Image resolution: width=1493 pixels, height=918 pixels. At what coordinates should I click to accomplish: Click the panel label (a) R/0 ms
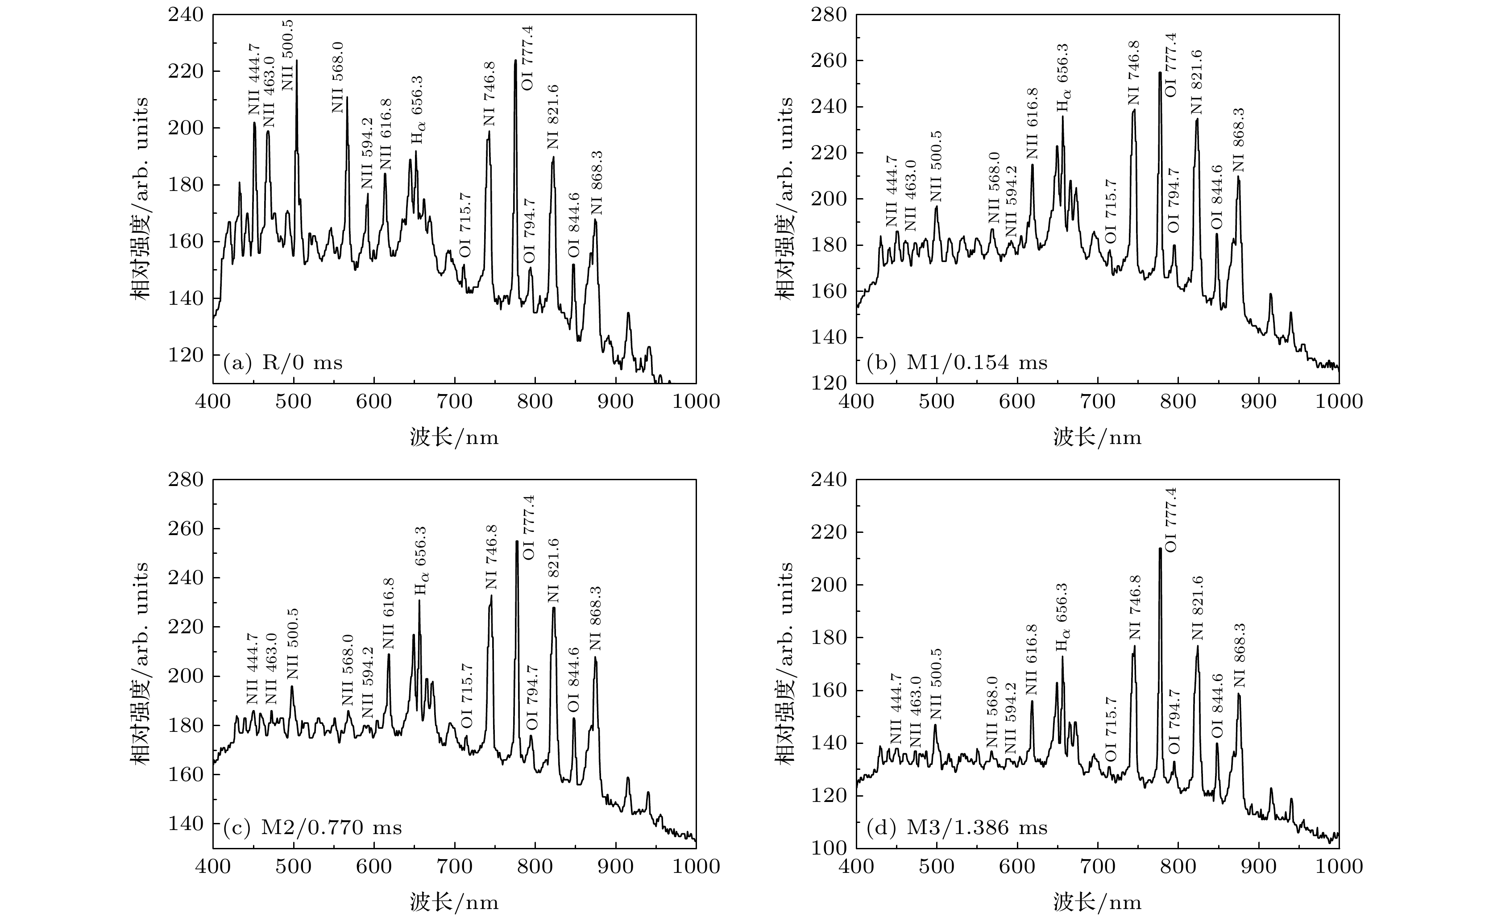point(283,363)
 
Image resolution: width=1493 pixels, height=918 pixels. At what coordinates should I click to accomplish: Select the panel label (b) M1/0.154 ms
point(957,363)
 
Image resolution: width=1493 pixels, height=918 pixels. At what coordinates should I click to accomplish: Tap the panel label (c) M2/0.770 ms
point(312,827)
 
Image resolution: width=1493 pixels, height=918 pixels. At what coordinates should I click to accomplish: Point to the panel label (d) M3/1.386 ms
point(957,827)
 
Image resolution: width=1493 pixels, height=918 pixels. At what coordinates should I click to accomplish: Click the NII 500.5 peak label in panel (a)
point(288,54)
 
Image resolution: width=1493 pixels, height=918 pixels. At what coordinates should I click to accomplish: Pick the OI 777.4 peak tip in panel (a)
point(515,61)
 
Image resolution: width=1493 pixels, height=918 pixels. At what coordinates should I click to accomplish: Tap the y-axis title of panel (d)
point(785,663)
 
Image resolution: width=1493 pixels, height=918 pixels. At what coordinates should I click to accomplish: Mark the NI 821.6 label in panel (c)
point(553,571)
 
